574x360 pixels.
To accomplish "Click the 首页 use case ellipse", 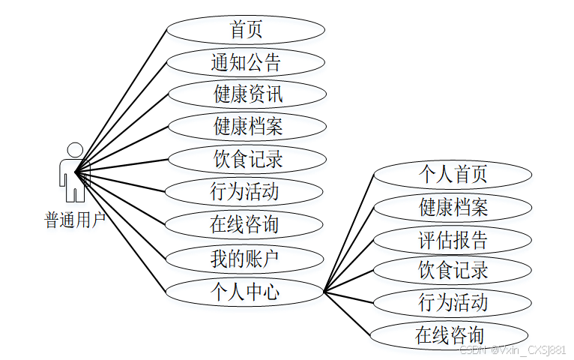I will [x=245, y=30].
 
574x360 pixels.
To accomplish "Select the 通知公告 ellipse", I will [x=245, y=62].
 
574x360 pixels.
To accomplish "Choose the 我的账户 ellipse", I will [x=245, y=259].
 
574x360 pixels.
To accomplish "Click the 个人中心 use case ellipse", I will [x=245, y=291].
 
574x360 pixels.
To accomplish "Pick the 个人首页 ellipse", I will [x=453, y=174].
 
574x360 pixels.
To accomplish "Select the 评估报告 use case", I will [x=453, y=240].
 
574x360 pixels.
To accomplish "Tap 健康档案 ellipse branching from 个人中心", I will [x=453, y=207].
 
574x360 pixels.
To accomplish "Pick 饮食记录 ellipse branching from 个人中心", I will [x=453, y=269].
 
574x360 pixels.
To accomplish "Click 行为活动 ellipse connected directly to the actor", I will [x=245, y=191].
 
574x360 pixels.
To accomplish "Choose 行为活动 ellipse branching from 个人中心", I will [x=453, y=302].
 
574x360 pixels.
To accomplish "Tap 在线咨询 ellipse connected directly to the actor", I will [x=245, y=223].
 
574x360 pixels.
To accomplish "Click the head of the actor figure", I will [x=74, y=149].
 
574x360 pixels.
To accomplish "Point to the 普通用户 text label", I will [x=74, y=220].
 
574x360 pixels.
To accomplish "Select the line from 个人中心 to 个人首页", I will [x=348, y=233].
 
